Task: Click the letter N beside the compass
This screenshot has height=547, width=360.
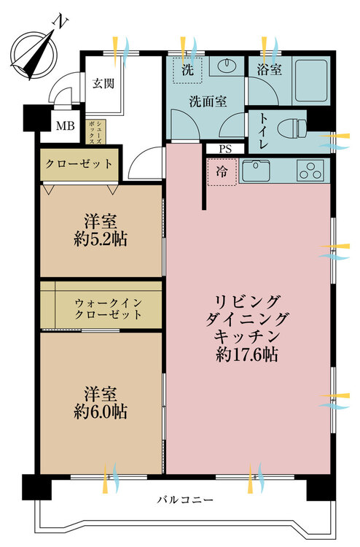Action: [x=60, y=21]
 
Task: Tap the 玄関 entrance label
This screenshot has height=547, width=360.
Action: [x=103, y=84]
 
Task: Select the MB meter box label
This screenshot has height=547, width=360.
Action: [x=66, y=126]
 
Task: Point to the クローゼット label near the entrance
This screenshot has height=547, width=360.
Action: [x=79, y=164]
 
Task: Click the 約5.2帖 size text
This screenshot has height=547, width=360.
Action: [x=101, y=240]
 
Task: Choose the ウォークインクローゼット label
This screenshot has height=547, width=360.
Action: [x=109, y=309]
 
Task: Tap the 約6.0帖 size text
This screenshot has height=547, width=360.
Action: [x=101, y=412]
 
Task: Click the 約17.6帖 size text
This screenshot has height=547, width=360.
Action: [x=247, y=354]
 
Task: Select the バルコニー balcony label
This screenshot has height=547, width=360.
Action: [x=184, y=500]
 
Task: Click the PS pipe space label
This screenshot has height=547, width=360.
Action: [x=225, y=150]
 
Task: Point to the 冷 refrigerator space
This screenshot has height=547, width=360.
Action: [x=222, y=171]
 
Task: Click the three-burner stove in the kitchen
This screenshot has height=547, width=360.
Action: [x=310, y=171]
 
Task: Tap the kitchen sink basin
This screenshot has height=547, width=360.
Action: [x=256, y=171]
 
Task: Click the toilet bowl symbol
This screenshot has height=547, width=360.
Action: [x=292, y=128]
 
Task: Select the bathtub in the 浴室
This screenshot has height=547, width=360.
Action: [x=312, y=80]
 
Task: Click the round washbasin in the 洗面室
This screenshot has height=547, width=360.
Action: [x=227, y=64]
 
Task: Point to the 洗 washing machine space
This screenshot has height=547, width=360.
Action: [x=188, y=70]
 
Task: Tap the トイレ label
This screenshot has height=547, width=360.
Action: [x=264, y=131]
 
